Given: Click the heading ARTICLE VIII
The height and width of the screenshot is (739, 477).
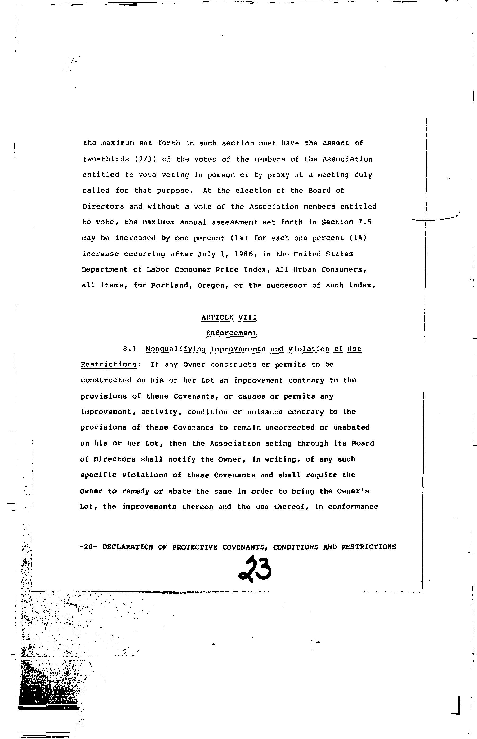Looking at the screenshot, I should (x=229, y=317).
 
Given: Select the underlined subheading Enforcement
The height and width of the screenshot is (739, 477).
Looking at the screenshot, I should (x=231, y=333).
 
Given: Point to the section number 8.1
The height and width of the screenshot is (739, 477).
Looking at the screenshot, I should (x=130, y=349).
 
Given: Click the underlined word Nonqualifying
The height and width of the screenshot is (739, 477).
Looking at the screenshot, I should (x=176, y=349).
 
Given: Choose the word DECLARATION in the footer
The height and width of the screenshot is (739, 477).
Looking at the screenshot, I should (x=128, y=547).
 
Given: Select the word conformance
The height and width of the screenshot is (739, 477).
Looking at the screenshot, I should (x=353, y=507).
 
